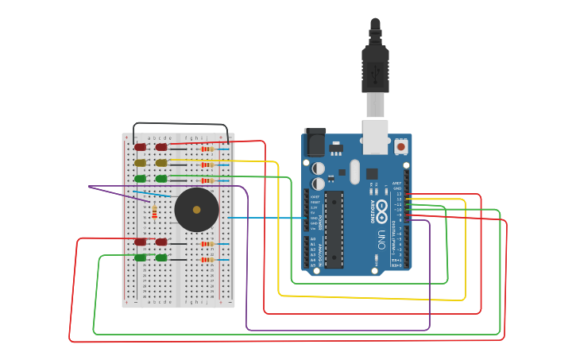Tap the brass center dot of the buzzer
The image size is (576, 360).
[196, 210]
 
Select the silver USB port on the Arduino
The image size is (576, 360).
[375, 135]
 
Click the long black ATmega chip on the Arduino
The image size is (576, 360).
[334, 229]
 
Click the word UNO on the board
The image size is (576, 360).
[382, 239]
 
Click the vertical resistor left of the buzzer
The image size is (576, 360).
[154, 211]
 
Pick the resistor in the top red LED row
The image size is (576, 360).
[207, 149]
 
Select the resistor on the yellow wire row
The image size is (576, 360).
[207, 165]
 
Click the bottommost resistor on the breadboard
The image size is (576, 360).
[207, 259]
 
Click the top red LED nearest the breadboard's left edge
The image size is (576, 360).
[141, 147]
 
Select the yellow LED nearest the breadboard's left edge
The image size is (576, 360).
[141, 163]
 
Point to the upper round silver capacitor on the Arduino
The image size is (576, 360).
[318, 168]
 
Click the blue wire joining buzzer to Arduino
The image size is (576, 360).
[262, 217]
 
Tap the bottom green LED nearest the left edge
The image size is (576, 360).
[141, 257]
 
